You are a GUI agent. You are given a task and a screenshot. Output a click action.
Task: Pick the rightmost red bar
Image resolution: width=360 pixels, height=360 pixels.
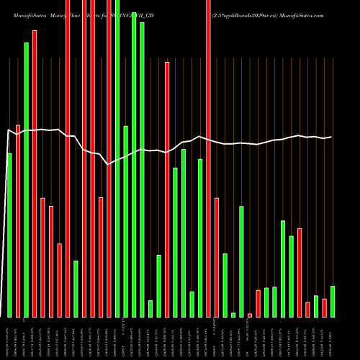(x=324, y=307)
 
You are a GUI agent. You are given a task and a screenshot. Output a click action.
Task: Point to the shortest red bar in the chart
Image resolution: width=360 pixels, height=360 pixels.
(x=250, y=315)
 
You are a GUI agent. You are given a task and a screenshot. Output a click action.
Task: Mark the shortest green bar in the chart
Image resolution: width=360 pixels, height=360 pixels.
(x=233, y=315)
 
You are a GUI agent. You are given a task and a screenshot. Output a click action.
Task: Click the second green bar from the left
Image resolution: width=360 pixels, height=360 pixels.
(x=26, y=179)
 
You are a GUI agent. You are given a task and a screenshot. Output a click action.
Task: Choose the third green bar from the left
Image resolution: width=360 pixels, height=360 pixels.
(x=76, y=288)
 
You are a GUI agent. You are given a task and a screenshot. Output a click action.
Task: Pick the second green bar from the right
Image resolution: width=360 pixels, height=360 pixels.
(x=316, y=306)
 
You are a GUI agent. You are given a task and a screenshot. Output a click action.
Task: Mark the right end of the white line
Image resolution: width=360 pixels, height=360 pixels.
(x=332, y=137)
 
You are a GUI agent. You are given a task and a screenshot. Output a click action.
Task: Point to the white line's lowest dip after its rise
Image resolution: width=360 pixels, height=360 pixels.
(x=109, y=165)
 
